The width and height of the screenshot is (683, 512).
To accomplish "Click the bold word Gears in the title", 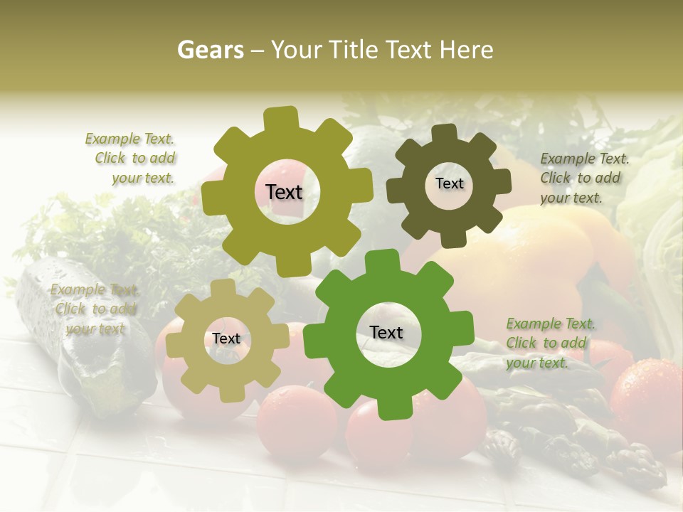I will click(209, 50).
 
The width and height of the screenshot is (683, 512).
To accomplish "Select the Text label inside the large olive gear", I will click(284, 192).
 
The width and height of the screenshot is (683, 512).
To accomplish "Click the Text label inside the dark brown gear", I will click(449, 183).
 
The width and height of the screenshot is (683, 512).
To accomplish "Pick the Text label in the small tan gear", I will click(226, 339).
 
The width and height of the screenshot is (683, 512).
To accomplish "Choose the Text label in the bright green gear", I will click(386, 333).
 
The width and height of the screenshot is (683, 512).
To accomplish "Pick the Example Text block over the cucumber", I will click(95, 309).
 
